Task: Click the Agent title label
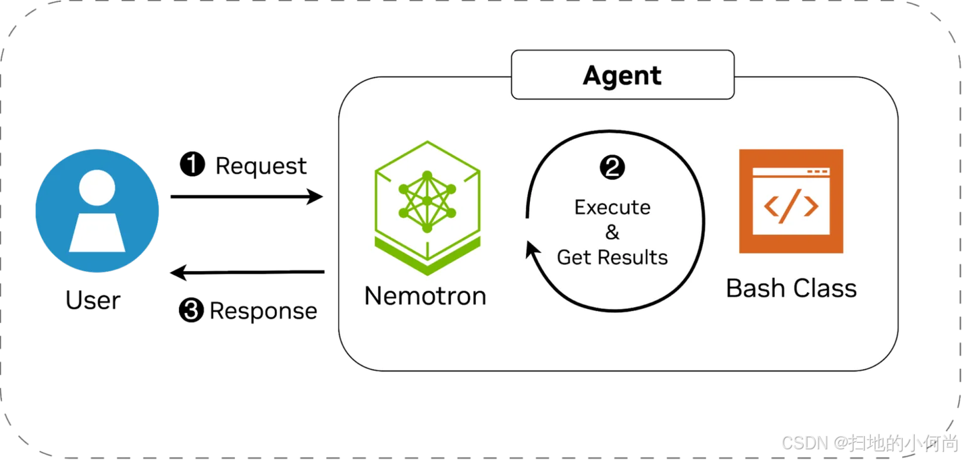point(622,76)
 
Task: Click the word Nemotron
point(425,295)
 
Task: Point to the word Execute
point(612,207)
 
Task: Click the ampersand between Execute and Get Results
point(612,232)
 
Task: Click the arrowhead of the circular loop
point(531,250)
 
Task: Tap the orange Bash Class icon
point(791,201)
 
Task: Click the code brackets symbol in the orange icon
point(791,207)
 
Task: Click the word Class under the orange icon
point(823,288)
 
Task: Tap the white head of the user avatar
point(97,188)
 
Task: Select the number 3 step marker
point(191,310)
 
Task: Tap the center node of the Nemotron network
point(427,200)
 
